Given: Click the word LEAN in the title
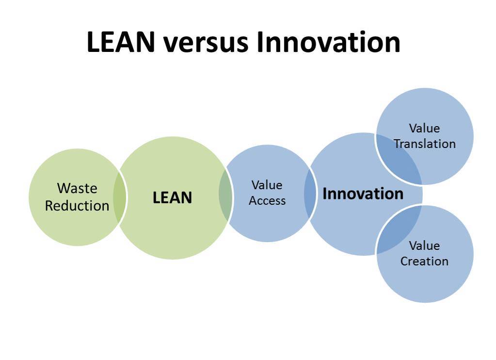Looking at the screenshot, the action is click(x=121, y=42).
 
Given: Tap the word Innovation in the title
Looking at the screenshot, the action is click(x=329, y=42).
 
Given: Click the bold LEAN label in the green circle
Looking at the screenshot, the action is click(x=173, y=197).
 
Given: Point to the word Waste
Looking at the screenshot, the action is click(x=77, y=188).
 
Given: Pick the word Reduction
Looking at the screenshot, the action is click(x=77, y=206).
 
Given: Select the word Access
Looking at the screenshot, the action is click(x=267, y=200).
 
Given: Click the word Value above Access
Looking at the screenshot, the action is click(x=267, y=185).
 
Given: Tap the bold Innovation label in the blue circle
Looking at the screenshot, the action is click(x=363, y=194).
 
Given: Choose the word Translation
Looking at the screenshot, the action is click(x=425, y=144).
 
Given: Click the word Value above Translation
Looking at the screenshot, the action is click(x=425, y=128).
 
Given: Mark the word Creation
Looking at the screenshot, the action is click(x=425, y=261).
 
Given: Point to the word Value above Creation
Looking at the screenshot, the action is click(x=425, y=245).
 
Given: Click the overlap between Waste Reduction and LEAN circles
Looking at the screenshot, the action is click(x=120, y=197).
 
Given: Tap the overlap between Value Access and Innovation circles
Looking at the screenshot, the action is click(x=310, y=194).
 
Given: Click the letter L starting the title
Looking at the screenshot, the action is click(x=94, y=42).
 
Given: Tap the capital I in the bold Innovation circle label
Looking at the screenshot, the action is click(x=324, y=194).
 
